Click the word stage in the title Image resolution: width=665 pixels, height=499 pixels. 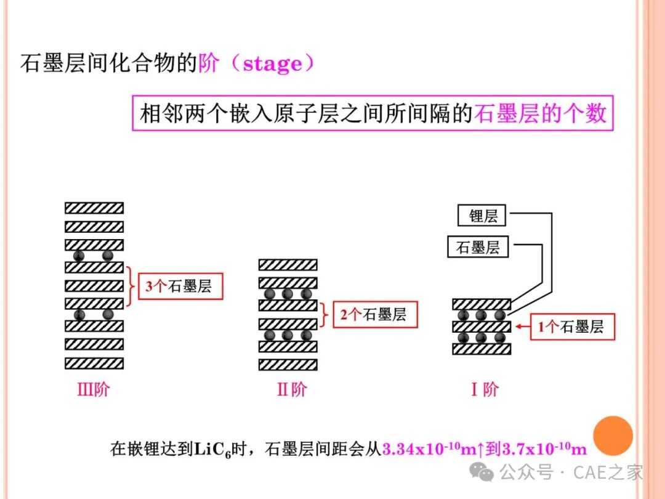pos(272,63)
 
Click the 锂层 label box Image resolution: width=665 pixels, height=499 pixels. pos(482,216)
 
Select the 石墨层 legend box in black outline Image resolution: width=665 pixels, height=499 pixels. pos(478,247)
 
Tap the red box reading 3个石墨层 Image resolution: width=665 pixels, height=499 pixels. pos(180,286)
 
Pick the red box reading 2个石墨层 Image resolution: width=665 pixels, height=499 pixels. pos(376,314)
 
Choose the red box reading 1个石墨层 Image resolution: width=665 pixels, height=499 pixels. pos(573,327)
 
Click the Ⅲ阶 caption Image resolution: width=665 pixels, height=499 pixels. pos(94,389)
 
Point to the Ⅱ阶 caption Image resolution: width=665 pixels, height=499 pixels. pos(292,389)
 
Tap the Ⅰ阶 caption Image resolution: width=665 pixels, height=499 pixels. pos(485,389)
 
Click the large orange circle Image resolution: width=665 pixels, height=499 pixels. pos(613,436)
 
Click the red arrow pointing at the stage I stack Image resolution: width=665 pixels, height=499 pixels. pos(523,327)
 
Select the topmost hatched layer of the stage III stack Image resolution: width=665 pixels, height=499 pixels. pos(94,208)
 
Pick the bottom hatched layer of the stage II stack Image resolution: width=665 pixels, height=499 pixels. pos(288,365)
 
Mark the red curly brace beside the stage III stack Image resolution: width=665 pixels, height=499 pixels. pos(131,286)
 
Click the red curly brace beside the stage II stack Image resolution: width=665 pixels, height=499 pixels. pos(325,314)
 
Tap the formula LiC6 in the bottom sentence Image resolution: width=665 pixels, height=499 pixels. pos(212,449)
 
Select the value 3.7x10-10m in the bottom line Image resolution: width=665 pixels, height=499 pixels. pos(544,448)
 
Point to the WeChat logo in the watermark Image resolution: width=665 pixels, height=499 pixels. pos(482,471)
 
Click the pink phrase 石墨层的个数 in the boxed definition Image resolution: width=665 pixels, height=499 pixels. pos(541,113)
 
